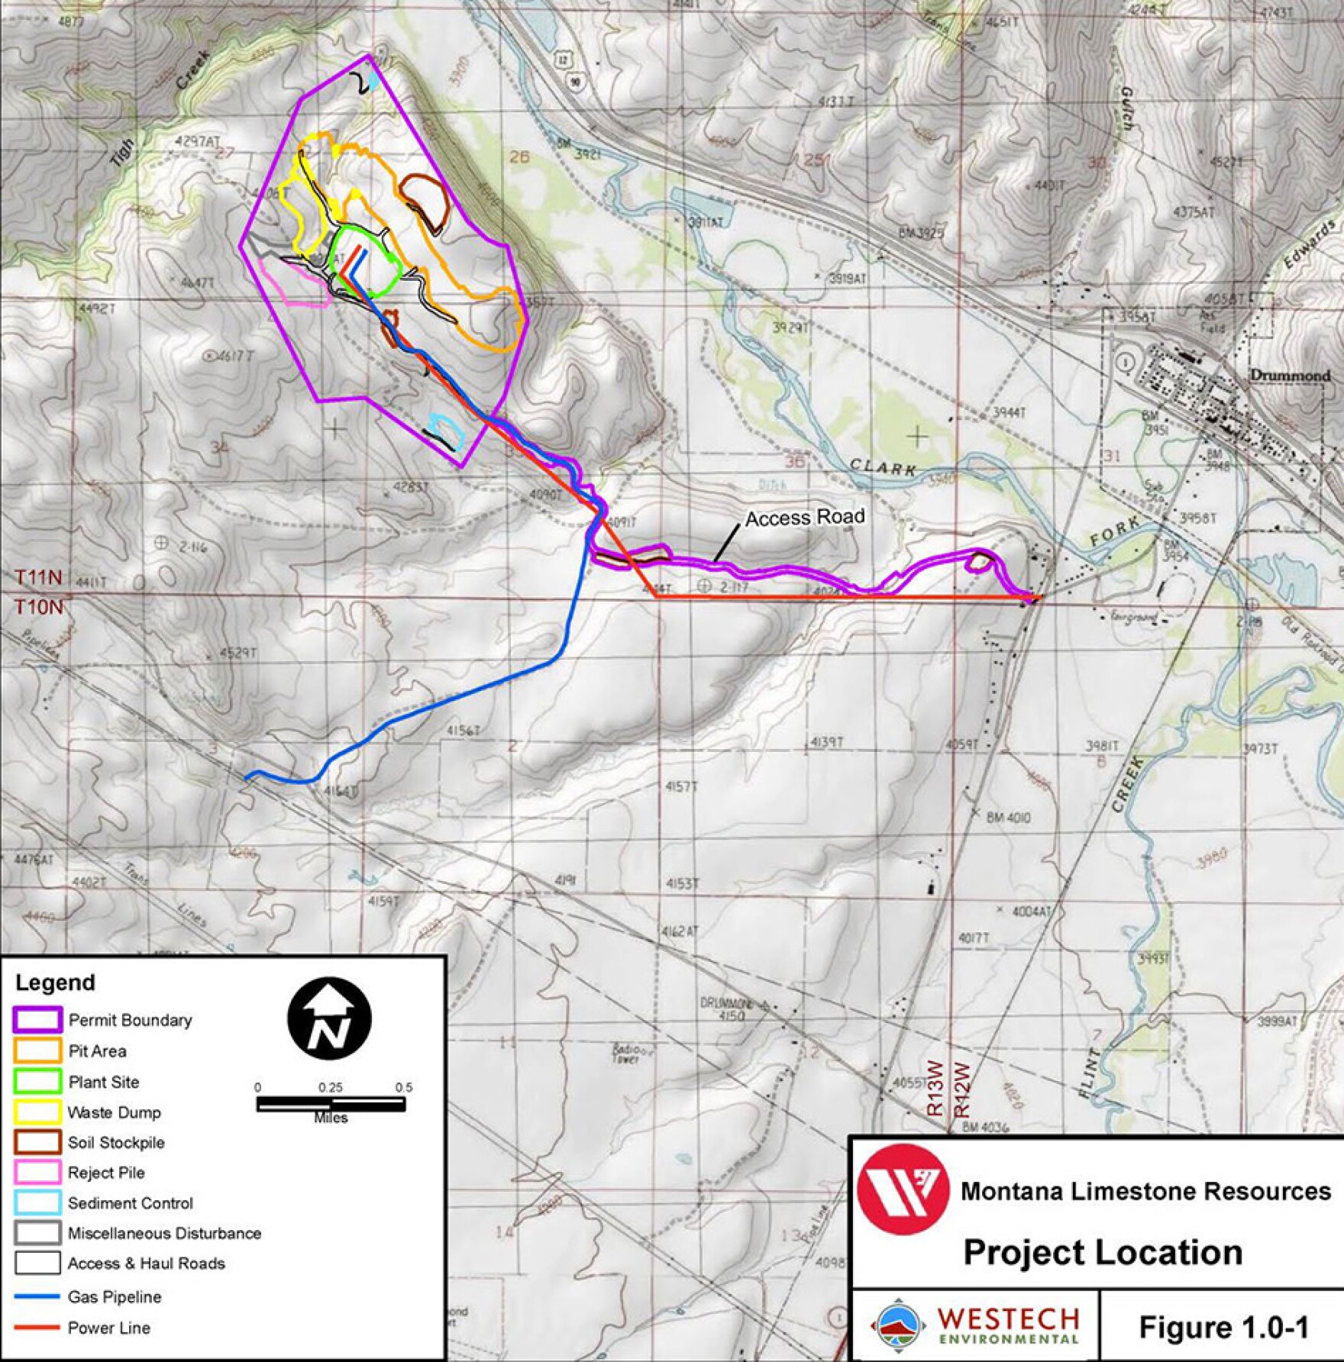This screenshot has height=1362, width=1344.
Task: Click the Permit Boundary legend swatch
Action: [x=37, y=1020]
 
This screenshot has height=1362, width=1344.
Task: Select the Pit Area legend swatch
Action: [x=37, y=1051]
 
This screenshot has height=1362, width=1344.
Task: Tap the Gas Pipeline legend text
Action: [x=115, y=1296]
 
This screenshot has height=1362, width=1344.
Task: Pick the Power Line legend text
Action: [x=109, y=1328]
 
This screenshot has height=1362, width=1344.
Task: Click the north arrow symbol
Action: [x=329, y=1018]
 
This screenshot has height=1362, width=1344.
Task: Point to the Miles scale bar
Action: [x=331, y=1103]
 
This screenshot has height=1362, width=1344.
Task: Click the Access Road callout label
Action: [x=805, y=518]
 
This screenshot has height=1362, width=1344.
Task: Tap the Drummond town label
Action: [x=1290, y=376]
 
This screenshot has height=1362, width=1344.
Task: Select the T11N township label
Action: [x=38, y=577]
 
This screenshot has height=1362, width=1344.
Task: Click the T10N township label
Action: [x=38, y=607]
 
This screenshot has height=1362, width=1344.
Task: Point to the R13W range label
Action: [x=935, y=1088]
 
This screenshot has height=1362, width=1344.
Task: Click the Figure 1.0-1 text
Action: [x=1223, y=1327]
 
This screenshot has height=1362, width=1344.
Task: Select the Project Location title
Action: [x=1103, y=1252]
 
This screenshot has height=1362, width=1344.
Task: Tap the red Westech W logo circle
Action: [x=903, y=1189]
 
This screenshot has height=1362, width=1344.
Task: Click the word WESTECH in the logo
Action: [x=1008, y=1318]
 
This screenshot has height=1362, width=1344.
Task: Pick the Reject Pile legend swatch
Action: [x=37, y=1172]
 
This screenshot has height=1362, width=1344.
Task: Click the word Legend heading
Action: [x=55, y=983]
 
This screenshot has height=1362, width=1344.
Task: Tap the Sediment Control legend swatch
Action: [x=37, y=1202]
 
